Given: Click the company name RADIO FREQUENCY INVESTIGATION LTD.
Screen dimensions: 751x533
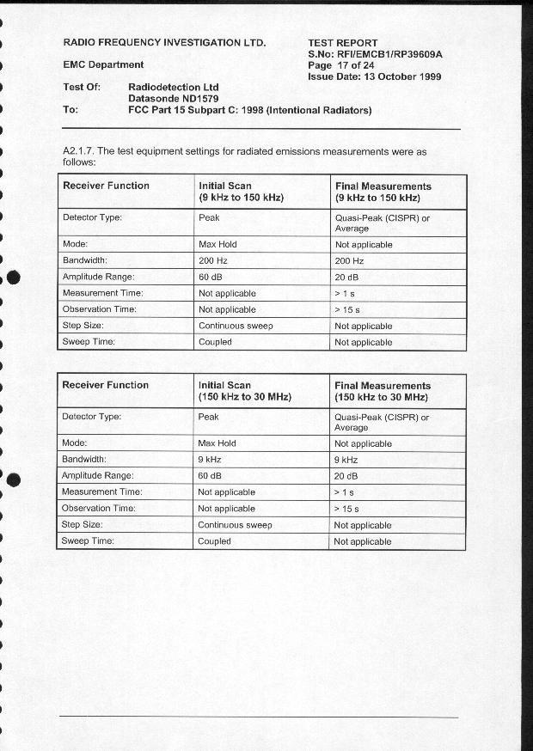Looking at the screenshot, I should pyautogui.click(x=165, y=42).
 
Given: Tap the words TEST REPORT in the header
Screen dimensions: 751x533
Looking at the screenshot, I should pyautogui.click(x=342, y=42).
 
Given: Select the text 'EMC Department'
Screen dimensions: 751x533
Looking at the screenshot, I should pyautogui.click(x=104, y=64).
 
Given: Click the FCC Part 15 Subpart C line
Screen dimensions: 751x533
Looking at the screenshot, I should pyautogui.click(x=249, y=110).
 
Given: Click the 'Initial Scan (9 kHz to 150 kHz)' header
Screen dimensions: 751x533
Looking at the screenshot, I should pyautogui.click(x=241, y=192).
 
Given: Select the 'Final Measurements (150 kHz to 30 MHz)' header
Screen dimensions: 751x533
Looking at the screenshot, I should pyautogui.click(x=383, y=391).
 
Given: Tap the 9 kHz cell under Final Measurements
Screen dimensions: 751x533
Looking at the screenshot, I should pyautogui.click(x=346, y=460).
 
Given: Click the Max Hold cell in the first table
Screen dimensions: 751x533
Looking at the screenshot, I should pyautogui.click(x=217, y=244).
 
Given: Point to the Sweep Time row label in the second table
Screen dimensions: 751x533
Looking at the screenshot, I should pyautogui.click(x=88, y=541).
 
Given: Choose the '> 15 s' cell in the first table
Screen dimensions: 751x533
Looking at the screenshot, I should pyautogui.click(x=347, y=310).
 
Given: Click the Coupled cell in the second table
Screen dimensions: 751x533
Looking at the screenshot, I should pyautogui.click(x=214, y=541).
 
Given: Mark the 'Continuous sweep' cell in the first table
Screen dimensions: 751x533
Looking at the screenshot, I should pyautogui.click(x=235, y=326).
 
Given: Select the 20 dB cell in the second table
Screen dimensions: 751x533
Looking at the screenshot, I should pyautogui.click(x=346, y=476).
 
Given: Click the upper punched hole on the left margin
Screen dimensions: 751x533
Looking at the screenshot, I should pyautogui.click(x=12, y=278).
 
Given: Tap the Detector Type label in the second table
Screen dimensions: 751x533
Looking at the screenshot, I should pyautogui.click(x=92, y=417).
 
